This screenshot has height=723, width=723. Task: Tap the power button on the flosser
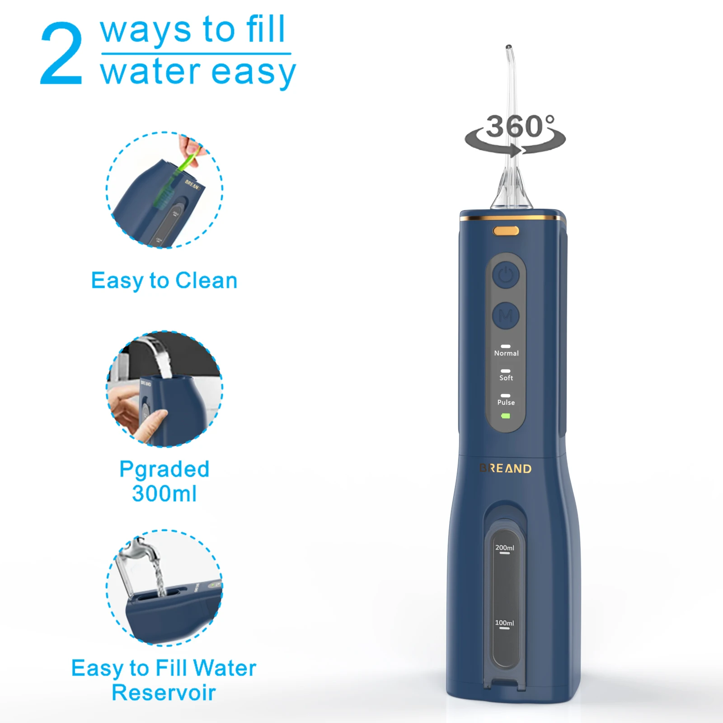coord(506,275)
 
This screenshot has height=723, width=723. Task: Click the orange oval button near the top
coord(506,231)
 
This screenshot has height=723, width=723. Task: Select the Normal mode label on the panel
coord(506,353)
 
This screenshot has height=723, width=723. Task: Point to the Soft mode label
coord(506,378)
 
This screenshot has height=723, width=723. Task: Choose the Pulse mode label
coord(506,402)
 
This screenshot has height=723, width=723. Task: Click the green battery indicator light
coord(506,416)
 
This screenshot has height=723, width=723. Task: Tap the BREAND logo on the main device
coord(506,469)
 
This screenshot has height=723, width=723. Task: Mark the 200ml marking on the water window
coord(505,548)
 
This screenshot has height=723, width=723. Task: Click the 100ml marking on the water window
coord(504,623)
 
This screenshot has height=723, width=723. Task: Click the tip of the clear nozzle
coord(508,47)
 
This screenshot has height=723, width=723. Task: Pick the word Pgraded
coord(164,469)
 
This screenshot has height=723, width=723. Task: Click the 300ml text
coord(164,493)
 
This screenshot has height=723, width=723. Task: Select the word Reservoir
coord(164,692)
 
